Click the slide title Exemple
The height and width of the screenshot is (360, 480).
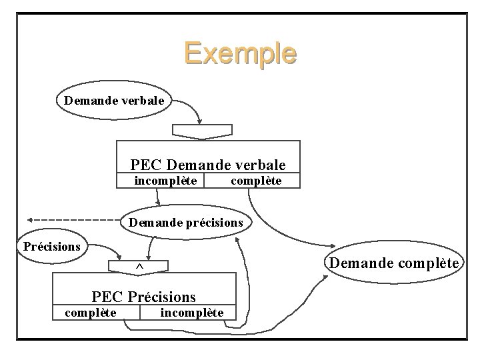coord(240,53)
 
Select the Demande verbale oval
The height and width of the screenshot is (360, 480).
coord(116,101)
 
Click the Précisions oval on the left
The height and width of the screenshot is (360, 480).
coord(52,246)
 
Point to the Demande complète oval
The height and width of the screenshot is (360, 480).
coord(394,263)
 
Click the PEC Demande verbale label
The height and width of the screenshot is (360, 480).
coord(208,164)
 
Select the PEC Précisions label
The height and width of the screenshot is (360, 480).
coord(144,295)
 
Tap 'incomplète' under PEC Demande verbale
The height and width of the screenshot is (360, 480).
coord(165,181)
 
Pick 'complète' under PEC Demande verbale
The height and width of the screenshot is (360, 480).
coord(256,181)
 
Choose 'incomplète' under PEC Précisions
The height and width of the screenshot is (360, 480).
coord(192,312)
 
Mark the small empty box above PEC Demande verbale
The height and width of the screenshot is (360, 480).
coord(202,131)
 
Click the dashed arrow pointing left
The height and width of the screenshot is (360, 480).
coord(73,219)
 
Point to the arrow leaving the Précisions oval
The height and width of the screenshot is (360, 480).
coord(107,248)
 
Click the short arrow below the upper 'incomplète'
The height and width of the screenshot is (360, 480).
coord(159,197)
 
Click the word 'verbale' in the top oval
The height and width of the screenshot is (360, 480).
coord(144,101)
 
